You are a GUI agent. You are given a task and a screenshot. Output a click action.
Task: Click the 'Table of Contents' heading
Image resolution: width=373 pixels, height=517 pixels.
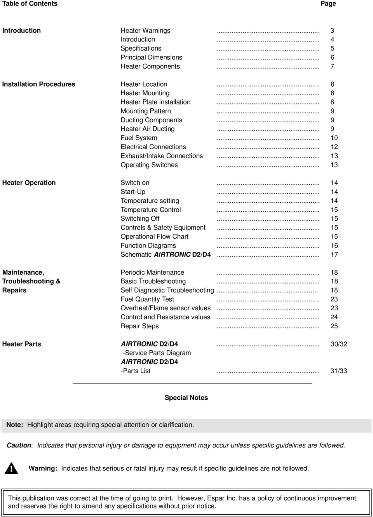tap(30, 3)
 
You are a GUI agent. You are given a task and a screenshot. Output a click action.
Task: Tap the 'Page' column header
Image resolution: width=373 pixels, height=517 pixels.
tap(328, 3)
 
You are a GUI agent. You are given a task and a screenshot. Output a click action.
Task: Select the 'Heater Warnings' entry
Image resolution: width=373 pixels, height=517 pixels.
tap(145, 30)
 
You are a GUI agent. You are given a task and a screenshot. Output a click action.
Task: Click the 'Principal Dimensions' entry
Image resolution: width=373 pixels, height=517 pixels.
tap(151, 57)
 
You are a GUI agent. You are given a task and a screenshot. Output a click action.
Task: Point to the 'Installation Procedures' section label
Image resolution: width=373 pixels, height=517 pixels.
tap(39, 84)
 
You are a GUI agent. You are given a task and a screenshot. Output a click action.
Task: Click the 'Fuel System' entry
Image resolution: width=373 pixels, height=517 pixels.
tap(139, 138)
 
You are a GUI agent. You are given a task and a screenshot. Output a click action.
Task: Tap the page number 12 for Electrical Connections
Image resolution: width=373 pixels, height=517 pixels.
tap(334, 147)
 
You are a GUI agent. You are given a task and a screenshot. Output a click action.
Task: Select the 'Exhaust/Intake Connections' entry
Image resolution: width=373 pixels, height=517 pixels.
tap(162, 156)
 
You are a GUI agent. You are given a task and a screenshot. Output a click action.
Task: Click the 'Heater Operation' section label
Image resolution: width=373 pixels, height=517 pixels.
tap(29, 183)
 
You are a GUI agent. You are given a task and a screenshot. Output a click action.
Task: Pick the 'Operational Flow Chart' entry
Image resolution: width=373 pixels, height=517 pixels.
tap(154, 237)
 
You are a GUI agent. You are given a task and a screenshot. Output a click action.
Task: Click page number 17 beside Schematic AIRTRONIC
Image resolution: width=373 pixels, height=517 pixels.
tap(334, 254)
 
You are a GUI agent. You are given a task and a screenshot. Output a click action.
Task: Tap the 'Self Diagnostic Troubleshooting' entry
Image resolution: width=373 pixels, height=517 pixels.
tap(167, 290)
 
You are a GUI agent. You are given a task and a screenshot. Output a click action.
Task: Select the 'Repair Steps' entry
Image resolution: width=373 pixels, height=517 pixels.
tap(139, 326)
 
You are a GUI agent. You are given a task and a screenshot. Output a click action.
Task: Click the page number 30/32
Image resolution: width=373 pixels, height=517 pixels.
tap(338, 344)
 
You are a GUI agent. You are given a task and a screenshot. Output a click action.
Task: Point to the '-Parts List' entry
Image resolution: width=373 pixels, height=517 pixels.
tap(136, 371)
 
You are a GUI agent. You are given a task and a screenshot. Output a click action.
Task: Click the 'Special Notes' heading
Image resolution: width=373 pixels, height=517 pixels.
tap(186, 398)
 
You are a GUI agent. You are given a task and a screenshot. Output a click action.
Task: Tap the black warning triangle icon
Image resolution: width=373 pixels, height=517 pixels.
tap(12, 468)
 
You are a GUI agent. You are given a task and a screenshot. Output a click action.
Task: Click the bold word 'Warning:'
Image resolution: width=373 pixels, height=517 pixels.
tap(43, 468)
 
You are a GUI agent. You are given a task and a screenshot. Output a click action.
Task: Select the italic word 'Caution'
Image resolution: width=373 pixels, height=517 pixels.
tap(19, 446)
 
